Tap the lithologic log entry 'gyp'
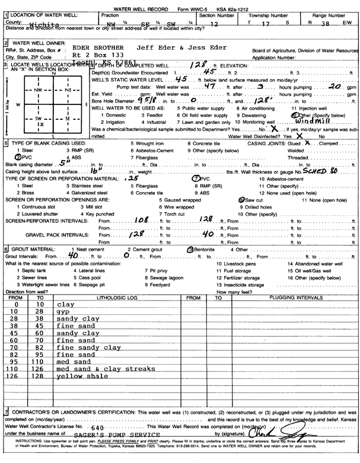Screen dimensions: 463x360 63,311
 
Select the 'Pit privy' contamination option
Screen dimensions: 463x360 155,270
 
